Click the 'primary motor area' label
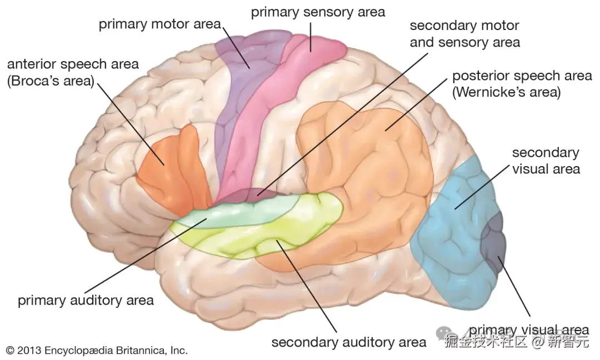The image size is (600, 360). coord(160,25)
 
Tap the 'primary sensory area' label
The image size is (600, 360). coord(318,12)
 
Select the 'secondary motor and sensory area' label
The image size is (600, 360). coord(464,34)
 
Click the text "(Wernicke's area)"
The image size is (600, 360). coord(507,92)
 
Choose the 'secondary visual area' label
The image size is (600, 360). coord(545,160)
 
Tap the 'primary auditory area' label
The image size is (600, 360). coord(86,301)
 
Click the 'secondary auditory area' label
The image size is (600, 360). coord(349,342)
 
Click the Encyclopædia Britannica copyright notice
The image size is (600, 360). coord(97,351)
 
